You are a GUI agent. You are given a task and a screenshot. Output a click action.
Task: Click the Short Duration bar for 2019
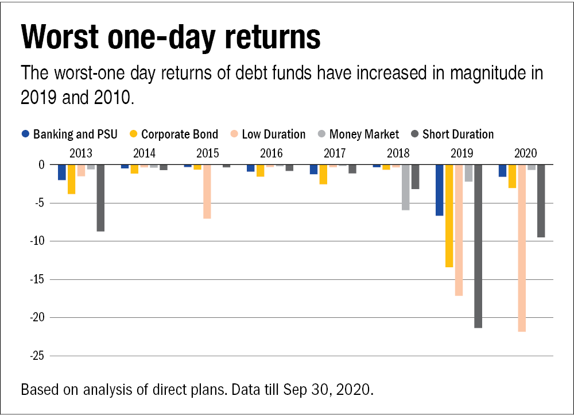tap(478, 246)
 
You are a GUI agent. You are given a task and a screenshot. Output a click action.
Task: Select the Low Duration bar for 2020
tap(521, 248)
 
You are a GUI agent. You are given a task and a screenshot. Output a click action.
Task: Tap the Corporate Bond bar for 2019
tap(449, 216)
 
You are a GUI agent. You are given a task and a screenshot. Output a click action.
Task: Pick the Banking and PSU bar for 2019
tap(440, 190)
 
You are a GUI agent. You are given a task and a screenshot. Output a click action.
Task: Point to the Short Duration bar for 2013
tap(100, 198)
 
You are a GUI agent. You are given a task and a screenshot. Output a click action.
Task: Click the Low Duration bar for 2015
tap(207, 192)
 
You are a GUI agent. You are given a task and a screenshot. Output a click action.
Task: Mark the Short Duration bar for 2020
tap(541, 201)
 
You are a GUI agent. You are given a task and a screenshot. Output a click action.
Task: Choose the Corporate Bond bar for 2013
tap(71, 179)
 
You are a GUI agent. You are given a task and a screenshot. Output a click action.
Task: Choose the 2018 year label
tap(398, 153)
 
